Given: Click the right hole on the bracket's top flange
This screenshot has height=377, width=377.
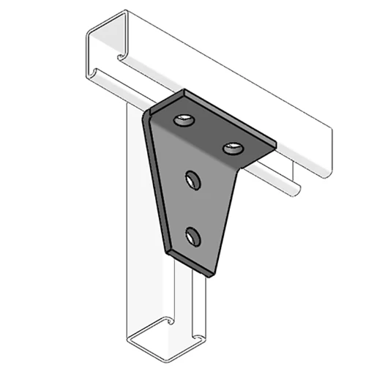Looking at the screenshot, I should [x=233, y=149].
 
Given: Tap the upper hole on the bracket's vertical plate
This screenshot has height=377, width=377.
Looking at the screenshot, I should [x=194, y=179].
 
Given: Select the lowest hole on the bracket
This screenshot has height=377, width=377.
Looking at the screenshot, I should [x=193, y=236].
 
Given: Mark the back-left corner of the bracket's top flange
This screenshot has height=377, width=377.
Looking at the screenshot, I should [x=184, y=92].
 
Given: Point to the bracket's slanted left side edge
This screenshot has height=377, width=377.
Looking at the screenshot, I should [x=157, y=183].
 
